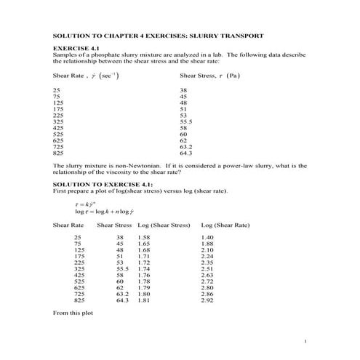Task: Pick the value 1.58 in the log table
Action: pyautogui.click(x=143, y=238)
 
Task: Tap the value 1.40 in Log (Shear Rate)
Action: pyautogui.click(x=207, y=238)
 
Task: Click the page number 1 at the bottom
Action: pyautogui.click(x=306, y=341)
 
